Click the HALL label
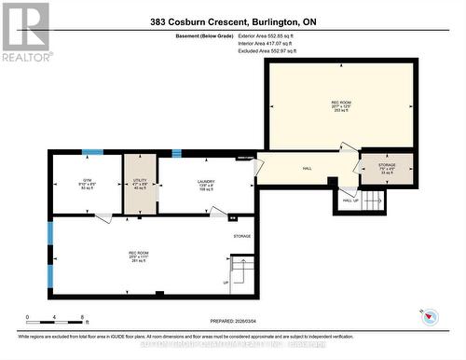coord(308,169)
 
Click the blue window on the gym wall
coord(91,152)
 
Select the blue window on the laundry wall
coord(176,153)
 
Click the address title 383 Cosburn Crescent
coord(233,21)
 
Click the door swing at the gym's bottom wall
coord(104,218)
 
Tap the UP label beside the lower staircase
coord(226,283)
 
